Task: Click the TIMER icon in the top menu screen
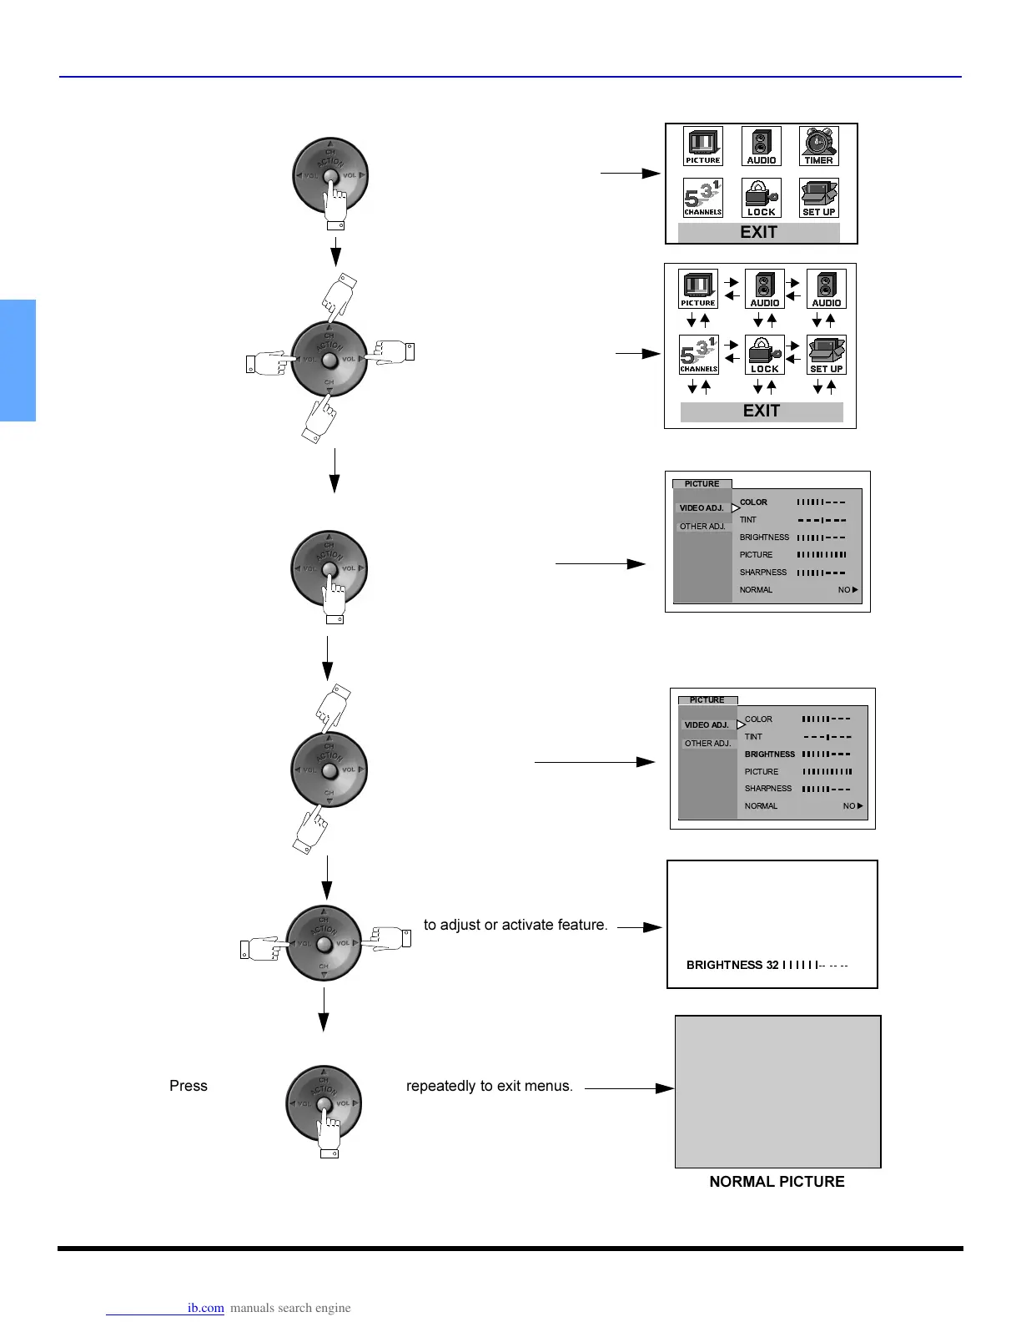(818, 146)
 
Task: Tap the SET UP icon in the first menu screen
(818, 198)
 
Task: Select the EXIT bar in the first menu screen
(758, 233)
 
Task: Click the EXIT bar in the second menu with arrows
(762, 411)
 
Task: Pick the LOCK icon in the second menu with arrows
(764, 355)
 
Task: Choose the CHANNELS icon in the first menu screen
(702, 198)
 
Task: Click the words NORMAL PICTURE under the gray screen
(777, 1182)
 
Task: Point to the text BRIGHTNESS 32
(732, 965)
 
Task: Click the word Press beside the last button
(189, 1086)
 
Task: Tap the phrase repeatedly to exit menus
(489, 1086)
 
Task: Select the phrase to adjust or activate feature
(516, 925)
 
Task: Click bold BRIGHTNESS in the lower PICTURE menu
(769, 754)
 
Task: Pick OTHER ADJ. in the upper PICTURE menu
(702, 527)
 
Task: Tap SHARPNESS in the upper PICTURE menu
(762, 573)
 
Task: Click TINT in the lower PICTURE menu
(753, 737)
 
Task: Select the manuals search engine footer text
(290, 1308)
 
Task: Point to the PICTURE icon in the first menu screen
(702, 146)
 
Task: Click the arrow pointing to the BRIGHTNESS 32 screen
(640, 926)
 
